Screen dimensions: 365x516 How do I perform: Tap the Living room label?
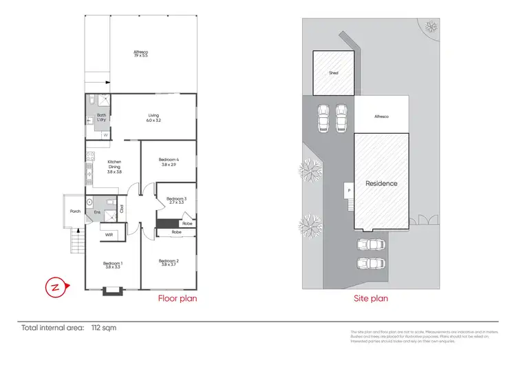(x=153, y=118)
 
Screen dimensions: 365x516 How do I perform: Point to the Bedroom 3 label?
(x=177, y=200)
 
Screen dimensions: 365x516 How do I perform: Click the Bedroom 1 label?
(x=113, y=264)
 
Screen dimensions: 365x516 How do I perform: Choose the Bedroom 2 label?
(x=169, y=262)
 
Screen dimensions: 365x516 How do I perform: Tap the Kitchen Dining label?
(x=114, y=167)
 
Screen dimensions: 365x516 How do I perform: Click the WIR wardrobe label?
(x=109, y=235)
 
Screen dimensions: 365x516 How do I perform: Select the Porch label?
(x=75, y=211)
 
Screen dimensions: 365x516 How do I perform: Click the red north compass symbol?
(x=54, y=287)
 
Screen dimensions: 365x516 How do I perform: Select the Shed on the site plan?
(x=334, y=72)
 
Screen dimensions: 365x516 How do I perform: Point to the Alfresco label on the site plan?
(x=381, y=116)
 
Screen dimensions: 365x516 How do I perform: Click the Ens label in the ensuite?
(x=97, y=212)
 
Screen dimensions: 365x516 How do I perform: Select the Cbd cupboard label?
(x=122, y=208)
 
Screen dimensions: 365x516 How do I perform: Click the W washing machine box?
(x=106, y=135)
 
